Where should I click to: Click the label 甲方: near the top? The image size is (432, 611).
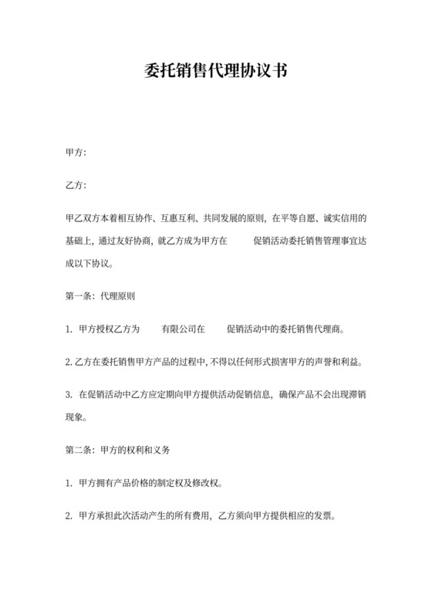click(76, 153)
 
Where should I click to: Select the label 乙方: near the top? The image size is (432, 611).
click(76, 185)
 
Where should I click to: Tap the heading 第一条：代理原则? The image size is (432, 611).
click(102, 295)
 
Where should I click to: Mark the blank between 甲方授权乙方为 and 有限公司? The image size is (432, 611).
click(150, 329)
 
